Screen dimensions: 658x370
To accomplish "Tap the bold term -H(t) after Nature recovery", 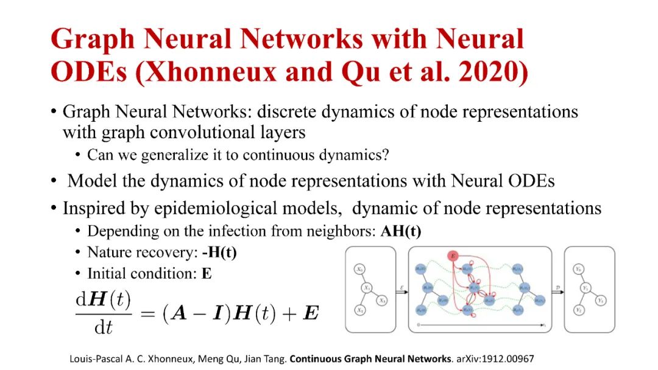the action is click(219, 252).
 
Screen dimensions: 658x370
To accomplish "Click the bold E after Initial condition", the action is click(207, 273).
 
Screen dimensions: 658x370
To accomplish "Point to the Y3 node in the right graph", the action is click(601, 301).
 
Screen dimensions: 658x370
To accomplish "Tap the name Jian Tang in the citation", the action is click(266, 359).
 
